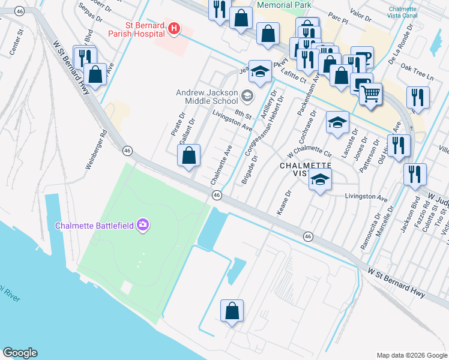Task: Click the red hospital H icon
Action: coord(173,29)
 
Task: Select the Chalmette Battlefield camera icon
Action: coord(143,225)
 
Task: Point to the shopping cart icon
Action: coord(371,94)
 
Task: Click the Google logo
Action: coord(20,353)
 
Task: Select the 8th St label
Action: coord(242,114)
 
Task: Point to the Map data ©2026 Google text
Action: coord(411,355)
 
